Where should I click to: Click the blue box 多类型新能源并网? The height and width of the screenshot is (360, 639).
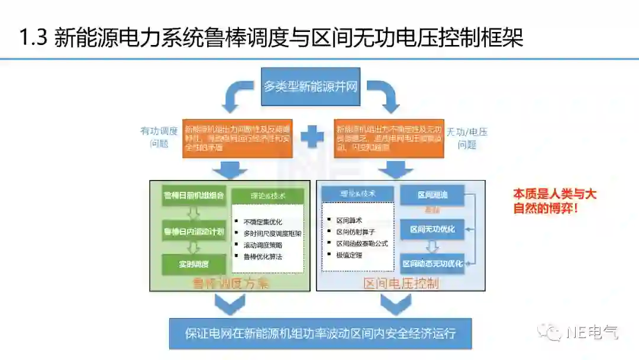click(x=310, y=86)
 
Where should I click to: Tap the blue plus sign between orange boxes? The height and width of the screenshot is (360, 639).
click(x=312, y=137)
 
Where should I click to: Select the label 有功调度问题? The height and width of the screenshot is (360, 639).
click(x=159, y=137)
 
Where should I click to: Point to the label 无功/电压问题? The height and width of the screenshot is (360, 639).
click(x=467, y=137)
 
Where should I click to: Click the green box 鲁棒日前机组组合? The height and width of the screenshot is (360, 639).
click(x=193, y=196)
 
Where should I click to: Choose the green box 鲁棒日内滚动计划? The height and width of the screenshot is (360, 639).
click(x=193, y=230)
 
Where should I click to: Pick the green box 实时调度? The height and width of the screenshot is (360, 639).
click(x=193, y=264)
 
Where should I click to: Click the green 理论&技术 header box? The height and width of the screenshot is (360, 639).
click(x=267, y=196)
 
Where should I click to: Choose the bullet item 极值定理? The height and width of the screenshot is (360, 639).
click(x=349, y=255)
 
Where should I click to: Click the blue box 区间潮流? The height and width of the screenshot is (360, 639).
click(x=432, y=195)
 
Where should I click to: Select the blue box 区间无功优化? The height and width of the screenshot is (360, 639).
click(x=433, y=229)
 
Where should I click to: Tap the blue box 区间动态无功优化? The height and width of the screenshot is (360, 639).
click(x=433, y=263)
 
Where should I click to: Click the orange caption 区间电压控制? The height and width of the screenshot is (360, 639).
click(x=401, y=284)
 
